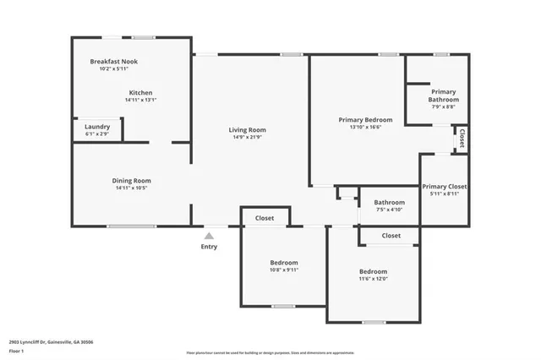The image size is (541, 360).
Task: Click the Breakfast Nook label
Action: (113, 62)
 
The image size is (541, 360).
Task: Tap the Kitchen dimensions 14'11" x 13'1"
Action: (140, 100)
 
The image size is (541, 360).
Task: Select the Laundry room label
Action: (97, 127)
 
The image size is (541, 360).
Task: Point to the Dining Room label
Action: (131, 180)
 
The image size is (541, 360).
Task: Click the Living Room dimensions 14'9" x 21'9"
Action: (247, 138)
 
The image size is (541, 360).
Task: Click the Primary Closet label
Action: (445, 186)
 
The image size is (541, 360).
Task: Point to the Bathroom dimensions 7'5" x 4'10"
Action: (390, 210)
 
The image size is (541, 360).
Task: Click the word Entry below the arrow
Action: (209, 247)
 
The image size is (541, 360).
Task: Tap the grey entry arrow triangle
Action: (209, 235)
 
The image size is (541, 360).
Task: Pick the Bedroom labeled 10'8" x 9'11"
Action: (284, 262)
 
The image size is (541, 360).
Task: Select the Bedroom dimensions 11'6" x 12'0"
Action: (373, 278)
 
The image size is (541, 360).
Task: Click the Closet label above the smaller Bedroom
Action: (265, 218)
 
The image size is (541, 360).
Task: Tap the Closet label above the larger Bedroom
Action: (391, 236)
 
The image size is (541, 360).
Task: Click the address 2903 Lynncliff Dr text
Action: (50, 341)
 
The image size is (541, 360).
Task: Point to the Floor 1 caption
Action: (16, 350)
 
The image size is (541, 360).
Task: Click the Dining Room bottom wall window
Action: (131, 226)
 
